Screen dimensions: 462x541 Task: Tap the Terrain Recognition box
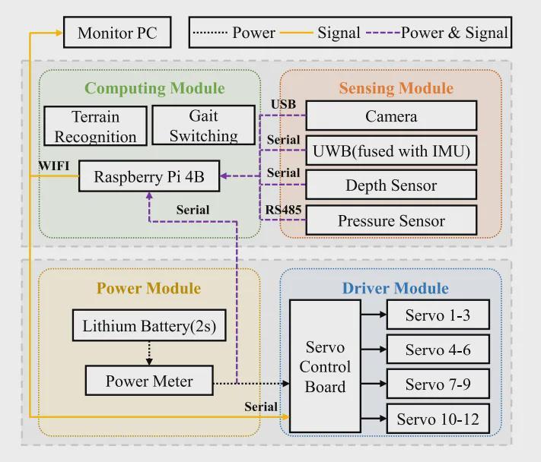95,126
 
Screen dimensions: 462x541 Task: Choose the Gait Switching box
203,125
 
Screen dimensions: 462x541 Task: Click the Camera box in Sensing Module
391,116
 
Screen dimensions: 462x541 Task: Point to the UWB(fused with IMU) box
391,151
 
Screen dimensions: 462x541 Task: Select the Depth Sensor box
391,185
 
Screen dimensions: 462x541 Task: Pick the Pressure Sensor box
391,220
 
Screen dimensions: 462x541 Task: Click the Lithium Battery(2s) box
149,327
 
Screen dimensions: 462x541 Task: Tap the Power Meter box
149,381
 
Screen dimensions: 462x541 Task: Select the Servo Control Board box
325,367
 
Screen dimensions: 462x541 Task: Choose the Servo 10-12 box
438,419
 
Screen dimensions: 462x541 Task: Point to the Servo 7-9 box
438,384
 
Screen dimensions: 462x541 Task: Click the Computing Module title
154,88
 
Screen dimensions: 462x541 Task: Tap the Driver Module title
395,289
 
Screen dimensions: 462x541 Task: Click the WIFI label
55,165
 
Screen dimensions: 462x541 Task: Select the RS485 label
282,209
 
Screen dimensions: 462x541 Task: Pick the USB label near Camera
283,104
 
